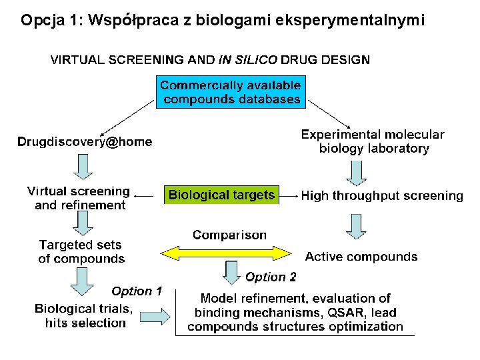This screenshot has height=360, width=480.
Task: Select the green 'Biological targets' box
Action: pyautogui.click(x=221, y=195)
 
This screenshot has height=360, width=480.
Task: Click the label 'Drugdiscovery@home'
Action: pyautogui.click(x=85, y=142)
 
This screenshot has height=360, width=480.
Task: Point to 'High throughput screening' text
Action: pyautogui.click(x=382, y=196)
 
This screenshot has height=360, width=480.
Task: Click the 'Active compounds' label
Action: pyautogui.click(x=361, y=257)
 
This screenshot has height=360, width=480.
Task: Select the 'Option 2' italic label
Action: pyautogui.click(x=271, y=277)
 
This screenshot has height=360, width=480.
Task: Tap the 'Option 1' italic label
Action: pyautogui.click(x=137, y=291)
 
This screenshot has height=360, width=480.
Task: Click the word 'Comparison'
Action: pyautogui.click(x=229, y=235)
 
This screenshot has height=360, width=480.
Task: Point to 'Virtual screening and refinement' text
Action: pyautogui.click(x=79, y=199)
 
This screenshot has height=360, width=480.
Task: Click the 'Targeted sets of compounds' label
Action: pyautogui.click(x=81, y=252)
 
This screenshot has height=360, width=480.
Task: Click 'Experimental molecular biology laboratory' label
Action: pyautogui.click(x=373, y=141)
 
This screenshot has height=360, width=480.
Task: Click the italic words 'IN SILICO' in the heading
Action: pyautogui.click(x=248, y=59)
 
